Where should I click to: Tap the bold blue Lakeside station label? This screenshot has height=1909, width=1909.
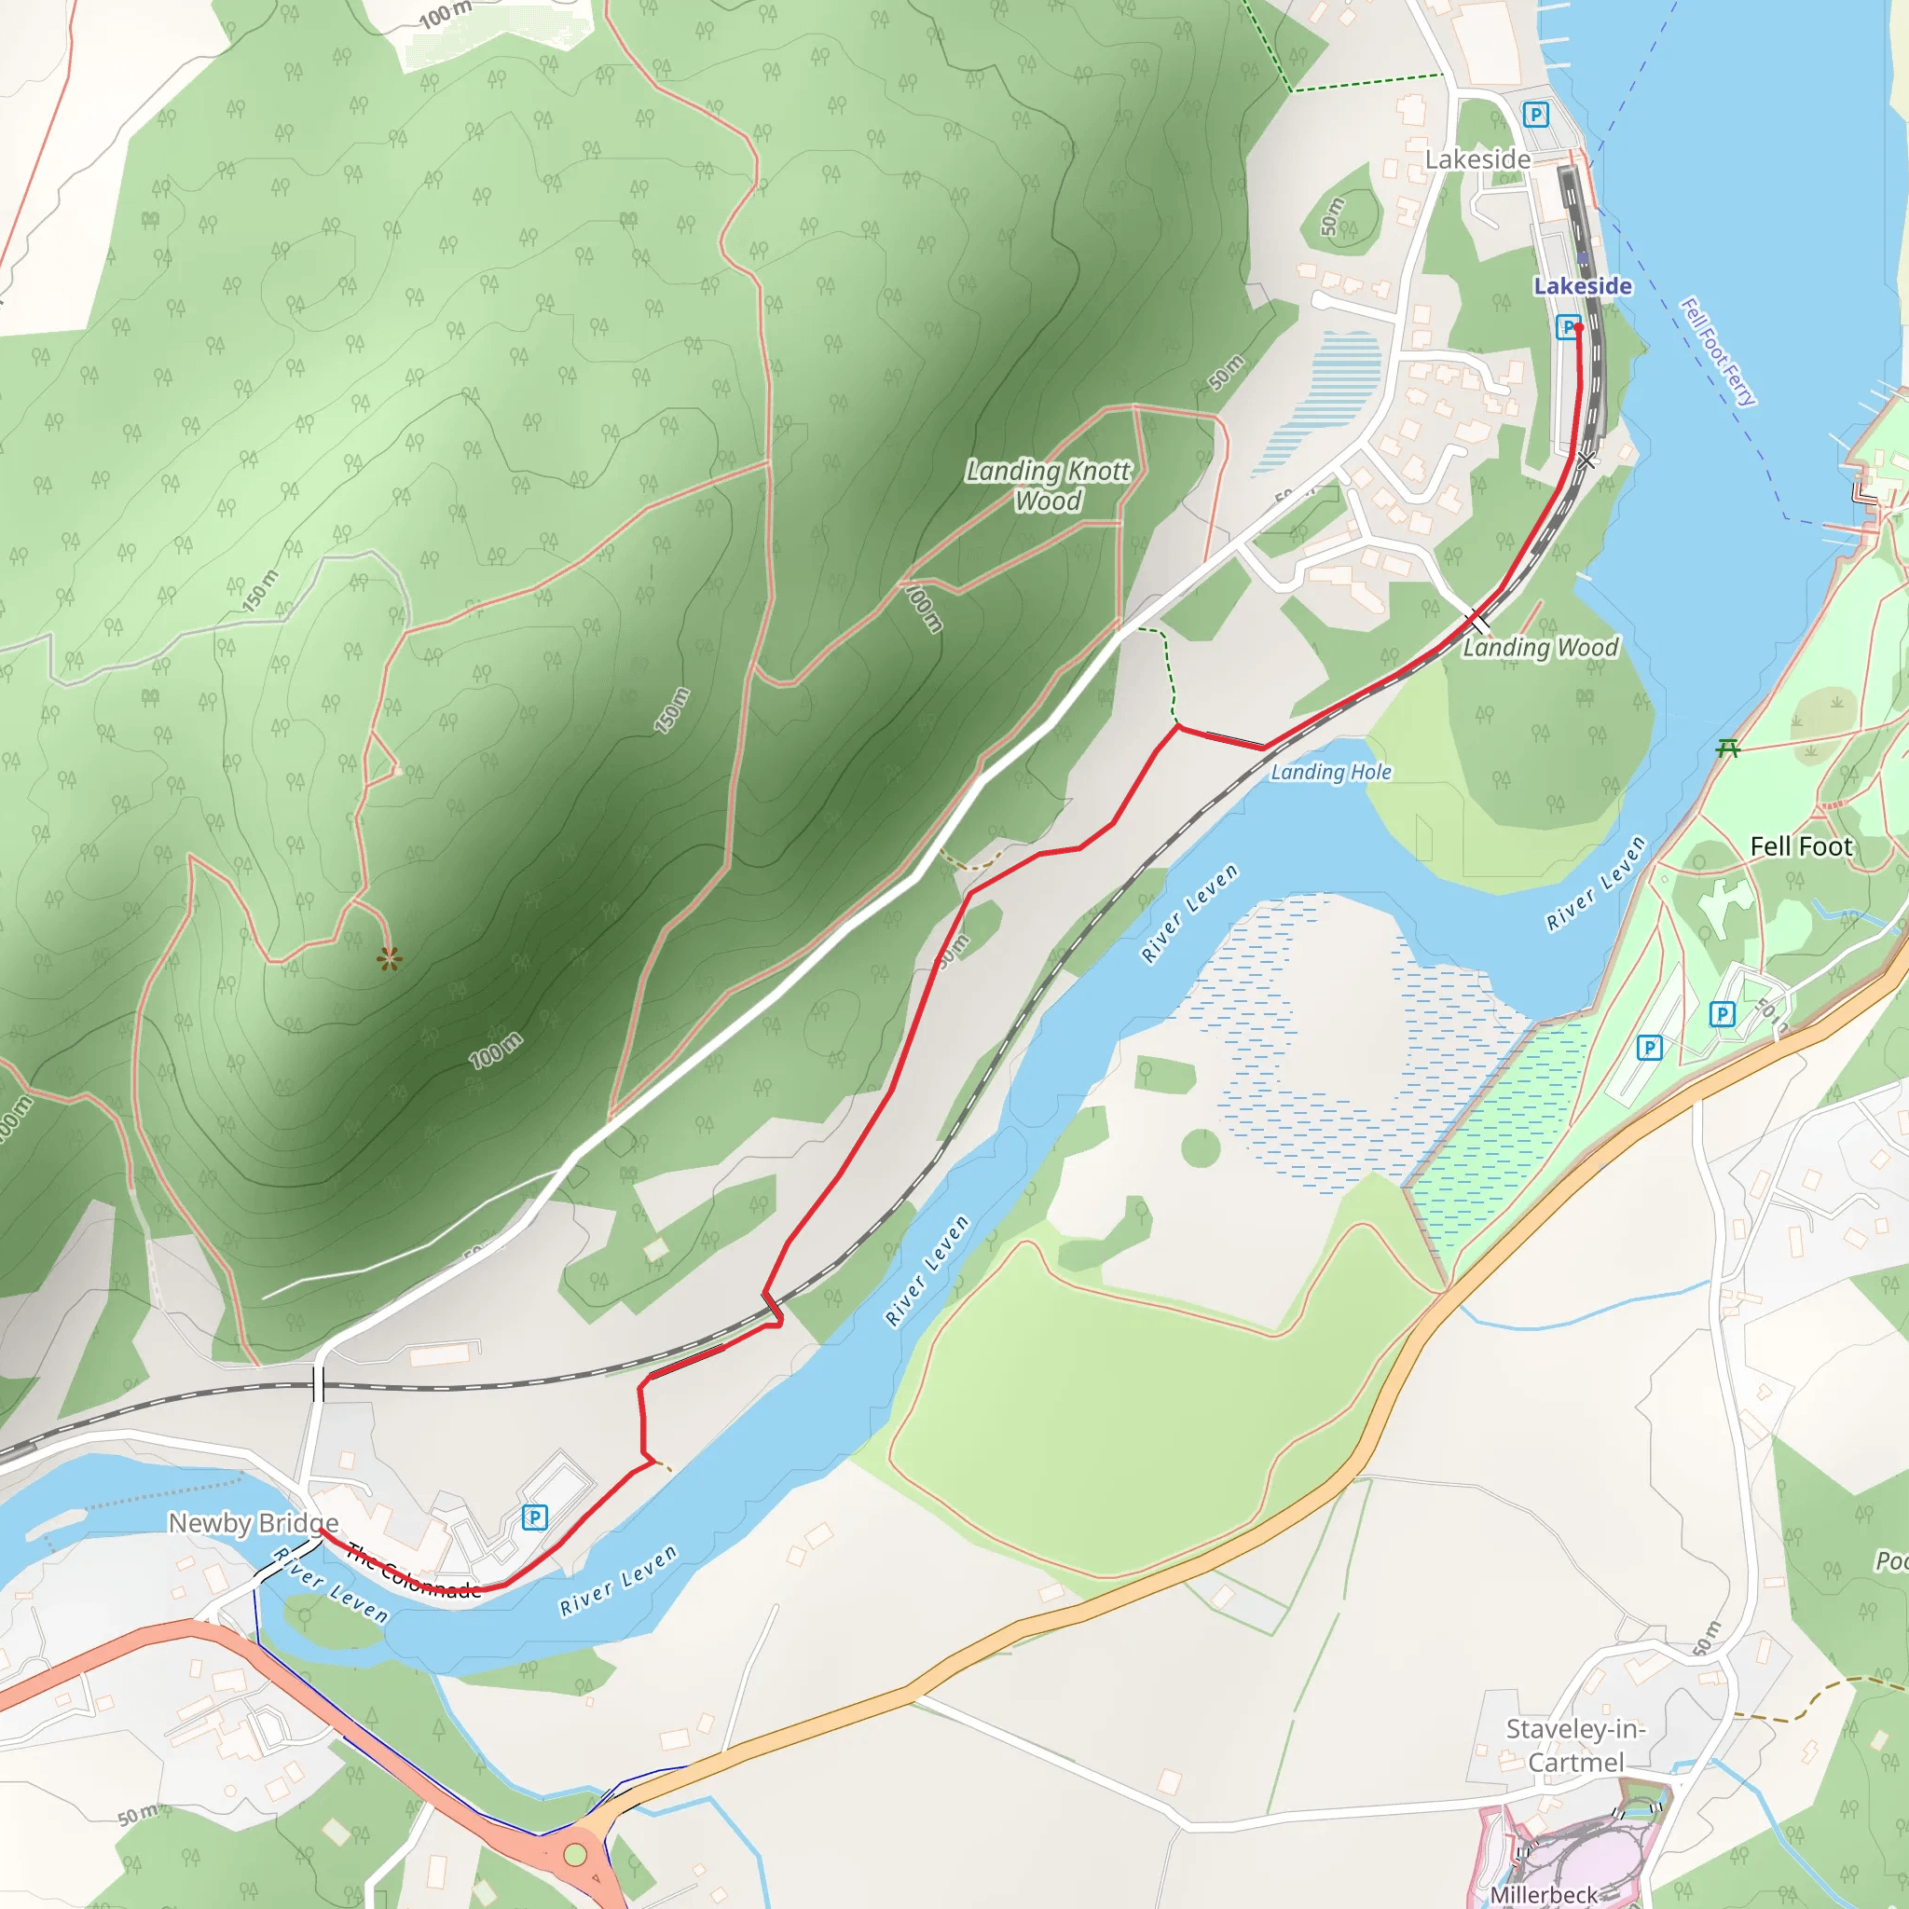pyautogui.click(x=1582, y=285)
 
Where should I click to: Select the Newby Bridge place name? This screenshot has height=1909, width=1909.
pyautogui.click(x=253, y=1523)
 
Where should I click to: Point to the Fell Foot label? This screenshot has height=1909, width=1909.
pyautogui.click(x=1800, y=846)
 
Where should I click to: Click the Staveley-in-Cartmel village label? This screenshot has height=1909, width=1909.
pyautogui.click(x=1575, y=1745)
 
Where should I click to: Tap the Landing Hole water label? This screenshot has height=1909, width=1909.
pyautogui.click(x=1330, y=773)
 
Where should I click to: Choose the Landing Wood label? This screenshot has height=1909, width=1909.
pyautogui.click(x=1541, y=647)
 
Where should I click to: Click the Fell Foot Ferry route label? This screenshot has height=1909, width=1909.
pyautogui.click(x=1718, y=351)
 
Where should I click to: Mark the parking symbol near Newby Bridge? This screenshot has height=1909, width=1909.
pyautogui.click(x=534, y=1517)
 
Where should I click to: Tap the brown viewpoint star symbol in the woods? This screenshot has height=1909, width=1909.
pyautogui.click(x=390, y=957)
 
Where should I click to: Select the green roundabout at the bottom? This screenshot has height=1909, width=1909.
pyautogui.click(x=574, y=1855)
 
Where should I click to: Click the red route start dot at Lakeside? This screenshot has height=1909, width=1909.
pyautogui.click(x=1579, y=327)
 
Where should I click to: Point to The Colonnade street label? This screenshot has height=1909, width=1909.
pyautogui.click(x=414, y=1571)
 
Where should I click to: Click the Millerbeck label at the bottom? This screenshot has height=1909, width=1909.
pyautogui.click(x=1544, y=1894)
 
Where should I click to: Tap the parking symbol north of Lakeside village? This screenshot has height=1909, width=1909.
pyautogui.click(x=1534, y=115)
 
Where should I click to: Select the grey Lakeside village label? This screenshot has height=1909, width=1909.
pyautogui.click(x=1477, y=159)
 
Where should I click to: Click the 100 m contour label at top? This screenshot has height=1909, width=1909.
pyautogui.click(x=445, y=14)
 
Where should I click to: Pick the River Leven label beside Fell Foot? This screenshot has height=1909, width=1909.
pyautogui.click(x=1596, y=884)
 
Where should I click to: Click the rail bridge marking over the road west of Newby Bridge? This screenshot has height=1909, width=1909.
pyautogui.click(x=317, y=1384)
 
